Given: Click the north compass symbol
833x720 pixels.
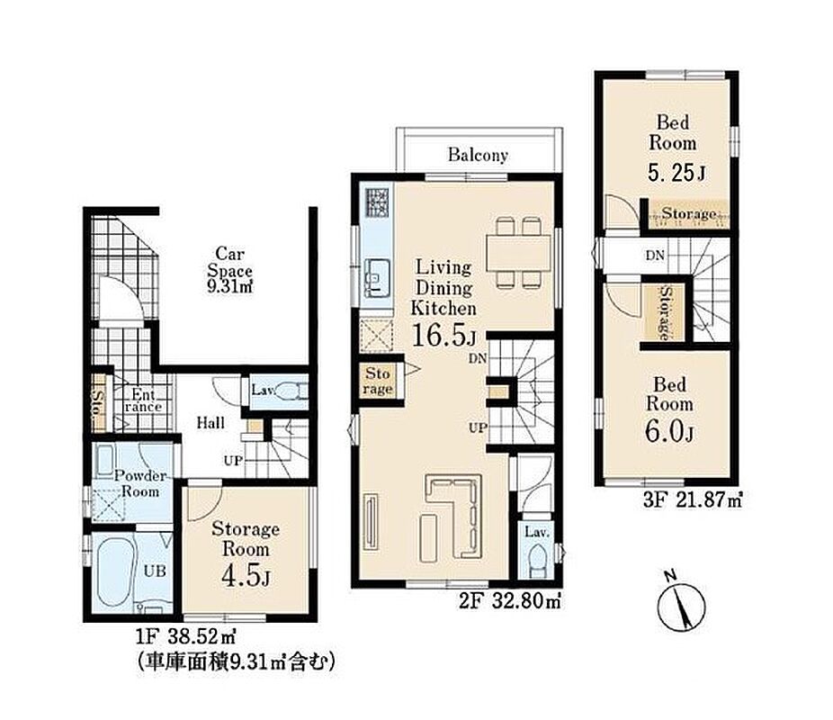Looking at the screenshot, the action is pos(682,603).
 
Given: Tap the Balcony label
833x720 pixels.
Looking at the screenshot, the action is pos(479,155).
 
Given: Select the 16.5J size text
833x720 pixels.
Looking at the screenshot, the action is pos(443,336).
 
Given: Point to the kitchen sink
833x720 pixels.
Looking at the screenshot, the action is pos(378,278).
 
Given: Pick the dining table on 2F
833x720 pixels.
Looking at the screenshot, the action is pos(518,253).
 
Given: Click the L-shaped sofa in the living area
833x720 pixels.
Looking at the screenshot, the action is pos(455,517).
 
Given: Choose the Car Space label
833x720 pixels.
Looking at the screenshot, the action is pos(229,271).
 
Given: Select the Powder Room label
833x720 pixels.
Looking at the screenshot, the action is pos(139,483).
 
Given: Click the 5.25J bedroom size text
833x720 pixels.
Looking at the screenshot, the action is pos(676,173).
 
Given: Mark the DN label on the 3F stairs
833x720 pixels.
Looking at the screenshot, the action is pos(655,256).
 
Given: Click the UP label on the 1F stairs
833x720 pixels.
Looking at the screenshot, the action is pos(233,460).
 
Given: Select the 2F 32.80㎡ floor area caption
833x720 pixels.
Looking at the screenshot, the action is pos(509,601).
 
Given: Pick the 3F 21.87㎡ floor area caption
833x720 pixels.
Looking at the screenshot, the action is pos(693,500).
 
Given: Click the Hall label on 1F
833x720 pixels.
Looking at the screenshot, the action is pos(210,423).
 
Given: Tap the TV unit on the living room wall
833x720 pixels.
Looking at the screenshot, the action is pos(371,522).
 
